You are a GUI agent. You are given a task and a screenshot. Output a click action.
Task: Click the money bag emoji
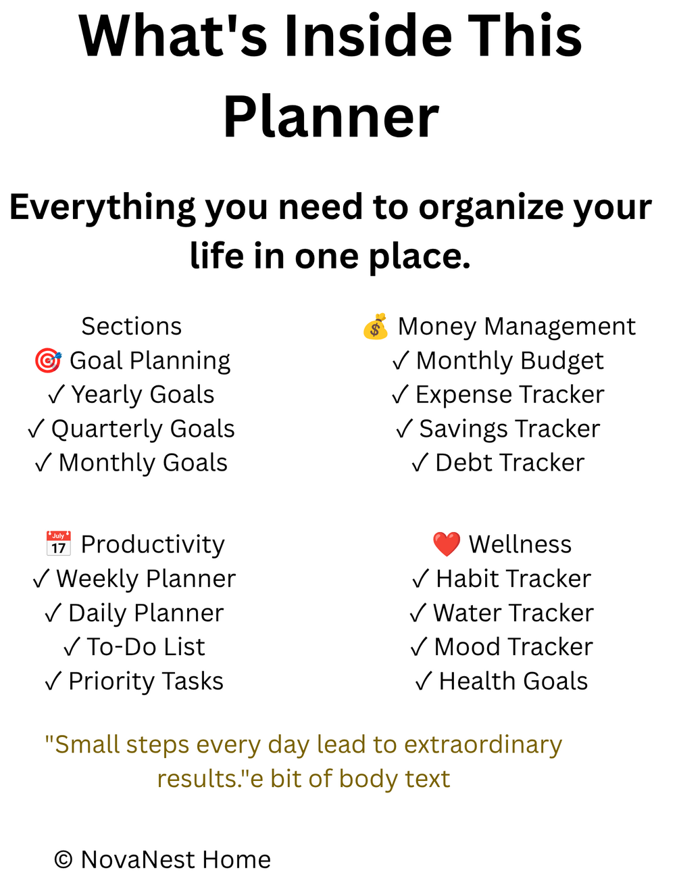375,327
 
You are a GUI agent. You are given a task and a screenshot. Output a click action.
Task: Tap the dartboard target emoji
48,360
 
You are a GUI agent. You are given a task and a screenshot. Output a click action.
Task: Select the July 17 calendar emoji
59,544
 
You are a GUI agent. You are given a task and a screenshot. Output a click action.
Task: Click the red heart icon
446,544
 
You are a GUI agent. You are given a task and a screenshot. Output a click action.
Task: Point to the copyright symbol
64,859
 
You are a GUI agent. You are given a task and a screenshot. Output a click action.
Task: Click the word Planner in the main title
331,116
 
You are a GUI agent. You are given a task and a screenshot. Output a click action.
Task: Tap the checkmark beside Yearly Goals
56,395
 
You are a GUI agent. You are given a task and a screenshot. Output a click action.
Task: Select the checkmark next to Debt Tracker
420,462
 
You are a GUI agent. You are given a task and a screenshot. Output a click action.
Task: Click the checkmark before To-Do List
72,647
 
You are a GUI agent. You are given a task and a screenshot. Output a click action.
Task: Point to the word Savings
463,429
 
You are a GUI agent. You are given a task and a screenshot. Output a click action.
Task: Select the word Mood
466,647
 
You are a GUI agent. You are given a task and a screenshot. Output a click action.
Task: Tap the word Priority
112,682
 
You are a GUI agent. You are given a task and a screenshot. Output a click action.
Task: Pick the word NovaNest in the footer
137,859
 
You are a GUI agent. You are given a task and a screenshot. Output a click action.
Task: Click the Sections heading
131,326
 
